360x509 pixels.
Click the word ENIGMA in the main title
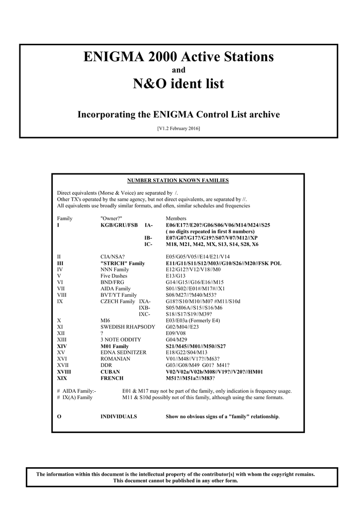coord(111,57)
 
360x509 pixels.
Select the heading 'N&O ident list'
coord(179,84)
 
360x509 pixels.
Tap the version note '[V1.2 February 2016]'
coord(179,129)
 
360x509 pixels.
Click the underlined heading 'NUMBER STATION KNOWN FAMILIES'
coord(178,180)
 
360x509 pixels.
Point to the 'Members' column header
coord(176,218)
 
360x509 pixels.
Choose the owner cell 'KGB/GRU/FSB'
coord(119,225)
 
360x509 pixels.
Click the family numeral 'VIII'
coord(62,295)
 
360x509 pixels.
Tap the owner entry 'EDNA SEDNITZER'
coord(120,352)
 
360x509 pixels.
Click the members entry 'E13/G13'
coord(176,276)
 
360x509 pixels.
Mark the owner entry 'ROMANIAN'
coord(115,358)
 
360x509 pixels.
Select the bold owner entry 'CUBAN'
coord(110,371)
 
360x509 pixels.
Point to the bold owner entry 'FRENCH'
coord(111,378)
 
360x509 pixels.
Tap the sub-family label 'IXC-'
coord(144,314)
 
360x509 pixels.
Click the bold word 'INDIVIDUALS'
coord(119,416)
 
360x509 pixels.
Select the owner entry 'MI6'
coord(105,320)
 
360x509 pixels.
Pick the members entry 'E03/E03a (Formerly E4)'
coord(192,320)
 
